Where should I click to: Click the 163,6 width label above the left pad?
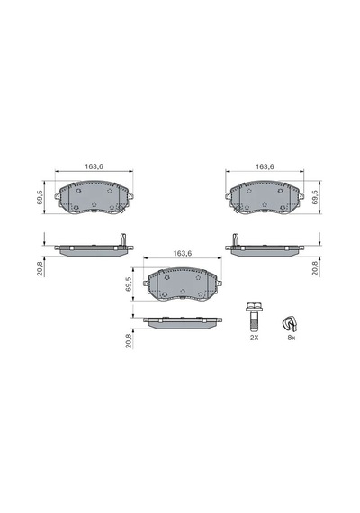(x=94, y=166)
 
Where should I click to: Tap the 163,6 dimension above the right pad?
(x=265, y=166)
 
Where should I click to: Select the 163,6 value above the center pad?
(x=183, y=253)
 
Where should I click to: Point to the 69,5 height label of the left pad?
(x=40, y=198)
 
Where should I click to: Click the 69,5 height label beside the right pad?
(x=315, y=197)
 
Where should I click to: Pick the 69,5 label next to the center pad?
(x=129, y=284)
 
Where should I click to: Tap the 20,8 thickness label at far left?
(x=40, y=269)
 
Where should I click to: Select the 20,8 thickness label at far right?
(x=315, y=268)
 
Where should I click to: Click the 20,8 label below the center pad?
(x=129, y=340)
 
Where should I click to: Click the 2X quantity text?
(x=255, y=337)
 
